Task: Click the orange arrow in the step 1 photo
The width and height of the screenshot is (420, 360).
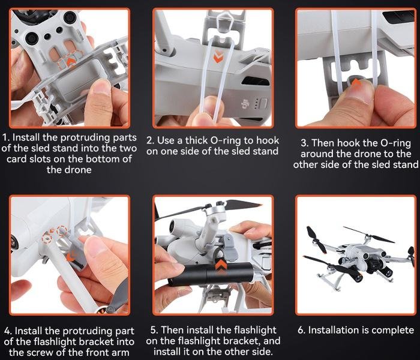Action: click(x=71, y=62)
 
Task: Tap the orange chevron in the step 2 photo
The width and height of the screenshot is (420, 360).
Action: click(x=218, y=56)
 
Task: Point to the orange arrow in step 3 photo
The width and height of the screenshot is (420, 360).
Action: click(x=356, y=82)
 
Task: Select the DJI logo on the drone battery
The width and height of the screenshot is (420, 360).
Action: click(x=244, y=104)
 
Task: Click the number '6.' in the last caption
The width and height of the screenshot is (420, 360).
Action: click(x=302, y=330)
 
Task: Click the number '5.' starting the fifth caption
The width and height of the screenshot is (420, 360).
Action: click(x=154, y=330)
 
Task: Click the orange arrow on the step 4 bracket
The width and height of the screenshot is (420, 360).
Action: click(x=70, y=257)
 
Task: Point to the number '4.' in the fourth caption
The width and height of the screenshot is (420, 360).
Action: click(x=8, y=331)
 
